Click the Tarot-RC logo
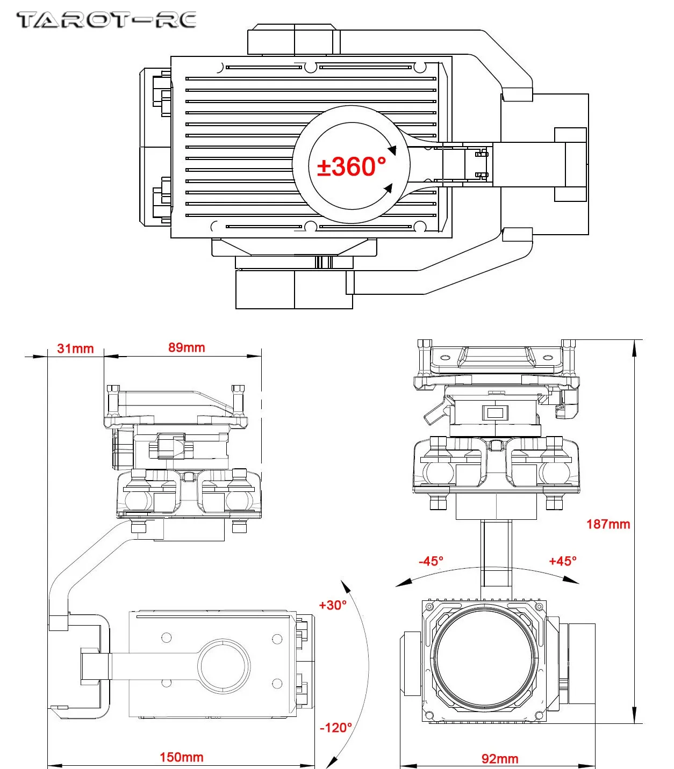coord(106,20)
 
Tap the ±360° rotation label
coord(352,166)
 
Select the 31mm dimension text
coord(75,349)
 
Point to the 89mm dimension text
coord(187,347)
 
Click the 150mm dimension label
coord(181,757)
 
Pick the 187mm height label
coord(608,524)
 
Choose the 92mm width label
coord(500,759)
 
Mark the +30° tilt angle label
coord(333,605)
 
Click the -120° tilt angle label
coord(336,728)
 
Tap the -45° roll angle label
coord(431,561)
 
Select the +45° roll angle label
coord(563,561)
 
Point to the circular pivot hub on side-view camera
coord(224,665)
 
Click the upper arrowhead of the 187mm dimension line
coord(635,347)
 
